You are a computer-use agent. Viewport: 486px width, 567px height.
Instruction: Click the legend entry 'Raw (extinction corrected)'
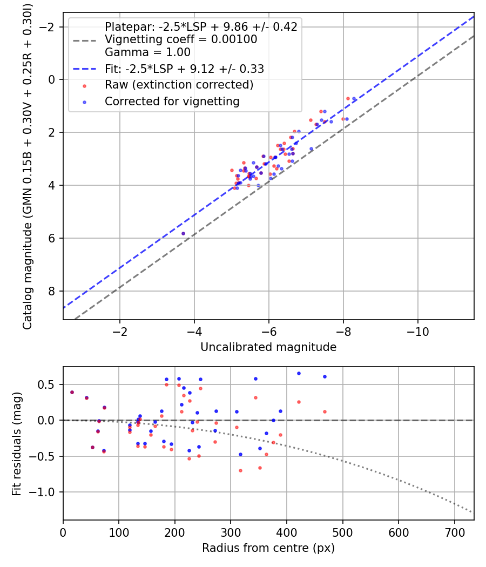pyautogui.click(x=179, y=85)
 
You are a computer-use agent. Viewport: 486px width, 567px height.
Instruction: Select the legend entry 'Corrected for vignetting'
pyautogui.click(x=172, y=101)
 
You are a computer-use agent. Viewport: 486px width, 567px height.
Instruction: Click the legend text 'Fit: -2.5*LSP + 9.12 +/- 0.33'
pyautogui.click(x=184, y=69)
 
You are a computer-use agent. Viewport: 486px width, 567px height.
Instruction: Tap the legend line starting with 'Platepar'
pyautogui.click(x=201, y=26)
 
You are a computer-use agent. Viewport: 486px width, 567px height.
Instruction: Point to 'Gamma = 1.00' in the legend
pyautogui.click(x=147, y=52)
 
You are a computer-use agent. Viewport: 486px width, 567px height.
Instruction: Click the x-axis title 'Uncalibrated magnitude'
pyautogui.click(x=268, y=347)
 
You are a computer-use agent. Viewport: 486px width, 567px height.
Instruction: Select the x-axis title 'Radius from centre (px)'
pyautogui.click(x=268, y=548)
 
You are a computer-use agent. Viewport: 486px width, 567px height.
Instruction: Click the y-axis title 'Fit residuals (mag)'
pyautogui.click(x=16, y=443)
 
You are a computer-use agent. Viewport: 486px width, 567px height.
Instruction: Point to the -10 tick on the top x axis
pyautogui.click(x=417, y=332)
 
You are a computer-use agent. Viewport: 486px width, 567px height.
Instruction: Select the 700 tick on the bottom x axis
pyautogui.click(x=454, y=532)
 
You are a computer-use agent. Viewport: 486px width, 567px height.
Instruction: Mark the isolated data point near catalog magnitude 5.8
pyautogui.click(x=183, y=233)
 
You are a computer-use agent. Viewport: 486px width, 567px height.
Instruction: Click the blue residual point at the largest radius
pyautogui.click(x=325, y=376)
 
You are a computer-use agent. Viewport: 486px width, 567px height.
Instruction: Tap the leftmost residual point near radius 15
pyautogui.click(x=72, y=392)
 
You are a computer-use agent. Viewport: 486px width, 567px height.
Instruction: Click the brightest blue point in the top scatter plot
pyautogui.click(x=354, y=99)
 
